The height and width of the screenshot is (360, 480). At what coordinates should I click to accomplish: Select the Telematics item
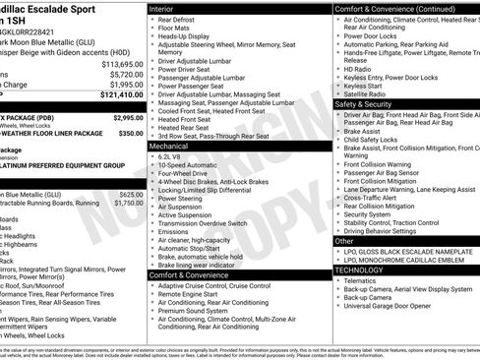tap(361, 280)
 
